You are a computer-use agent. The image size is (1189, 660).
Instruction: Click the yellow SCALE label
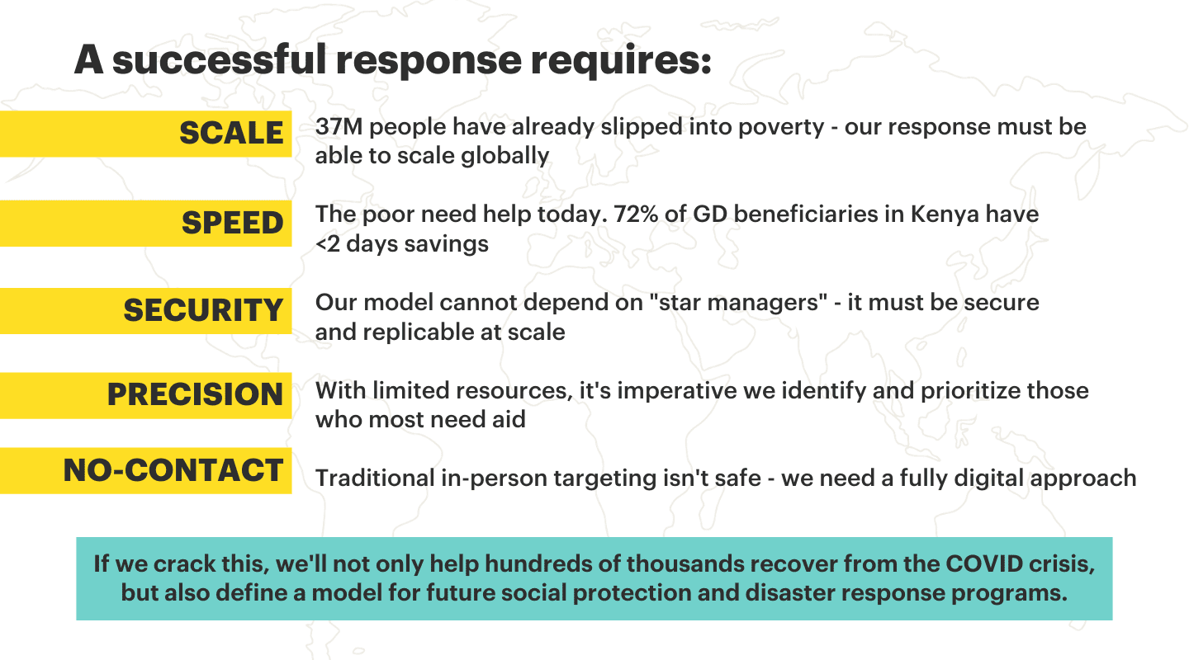(x=145, y=134)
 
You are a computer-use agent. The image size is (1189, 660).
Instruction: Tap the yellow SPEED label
(x=145, y=224)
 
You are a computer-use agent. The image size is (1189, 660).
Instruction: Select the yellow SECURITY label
(x=145, y=311)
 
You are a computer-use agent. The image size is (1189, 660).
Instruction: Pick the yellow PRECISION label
(x=145, y=396)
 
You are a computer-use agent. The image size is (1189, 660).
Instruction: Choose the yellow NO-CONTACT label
(x=145, y=470)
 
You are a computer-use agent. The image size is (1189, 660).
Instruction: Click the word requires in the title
(x=621, y=61)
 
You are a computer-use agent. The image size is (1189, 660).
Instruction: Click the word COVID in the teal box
(x=983, y=563)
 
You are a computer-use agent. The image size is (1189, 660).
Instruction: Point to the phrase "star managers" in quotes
(x=738, y=303)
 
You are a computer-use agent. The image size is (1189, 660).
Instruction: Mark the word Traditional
(x=375, y=478)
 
